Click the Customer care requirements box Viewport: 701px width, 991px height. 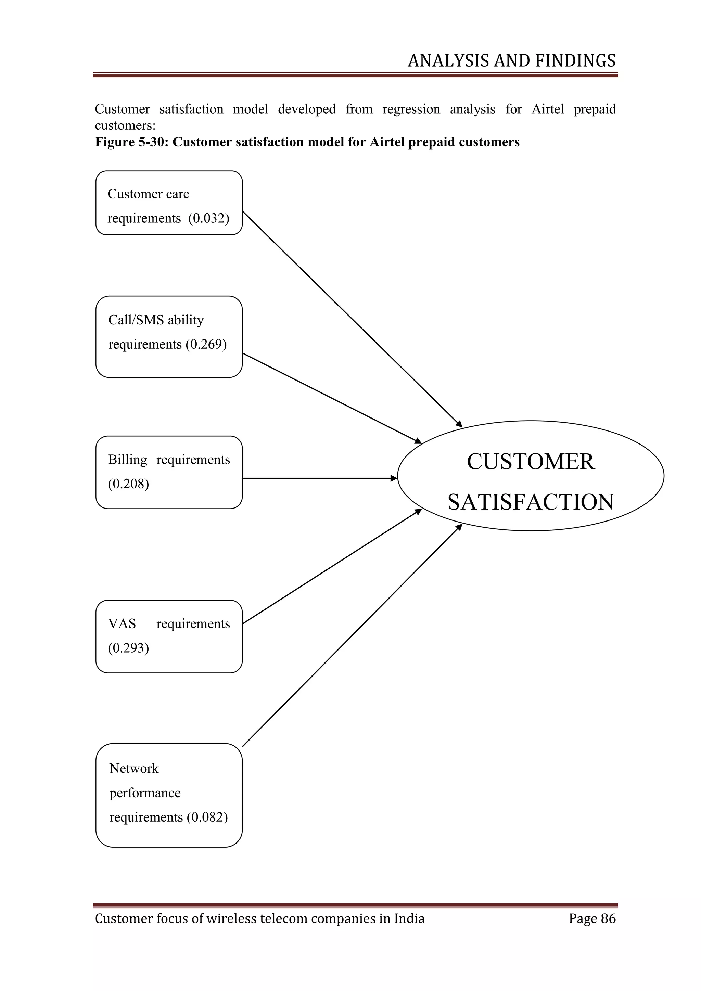[168, 203]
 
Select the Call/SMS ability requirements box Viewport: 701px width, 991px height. [168, 337]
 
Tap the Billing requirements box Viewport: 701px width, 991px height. [168, 472]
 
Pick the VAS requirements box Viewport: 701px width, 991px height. [168, 636]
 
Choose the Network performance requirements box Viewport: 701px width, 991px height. [168, 795]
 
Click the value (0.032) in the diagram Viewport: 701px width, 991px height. [208, 218]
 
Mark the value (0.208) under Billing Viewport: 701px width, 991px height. [128, 484]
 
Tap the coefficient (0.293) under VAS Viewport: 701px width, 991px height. [128, 648]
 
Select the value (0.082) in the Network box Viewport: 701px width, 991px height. [207, 817]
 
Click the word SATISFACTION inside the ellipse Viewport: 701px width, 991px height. [531, 502]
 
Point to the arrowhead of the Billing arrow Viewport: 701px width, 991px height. [394, 478]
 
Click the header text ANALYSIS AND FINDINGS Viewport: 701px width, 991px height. [511, 61]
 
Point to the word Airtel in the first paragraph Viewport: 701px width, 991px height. [547, 109]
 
